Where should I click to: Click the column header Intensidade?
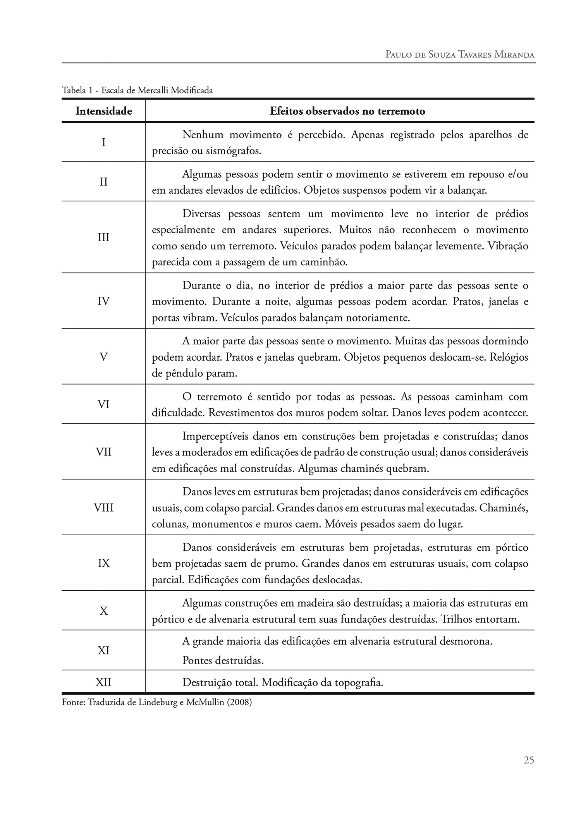[103, 112]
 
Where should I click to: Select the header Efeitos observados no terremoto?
[347, 112]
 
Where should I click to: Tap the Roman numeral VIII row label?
[103, 507]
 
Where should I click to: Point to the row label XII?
[103, 682]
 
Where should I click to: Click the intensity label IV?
[103, 301]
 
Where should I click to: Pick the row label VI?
[103, 404]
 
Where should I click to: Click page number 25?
[529, 760]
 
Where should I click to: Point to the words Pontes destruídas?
[223, 660]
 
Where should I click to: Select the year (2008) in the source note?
[239, 702]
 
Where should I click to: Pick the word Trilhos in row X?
[456, 619]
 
